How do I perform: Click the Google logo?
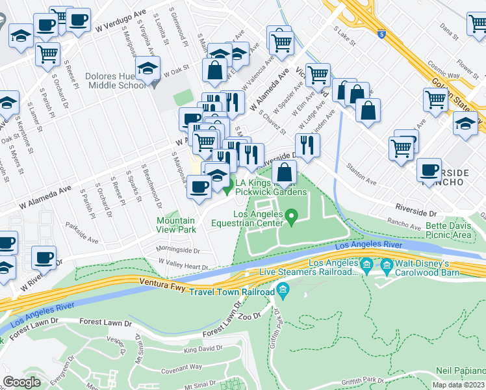click(22, 382)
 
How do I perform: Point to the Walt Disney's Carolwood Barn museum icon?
click(387, 264)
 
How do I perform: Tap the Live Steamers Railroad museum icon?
click(365, 264)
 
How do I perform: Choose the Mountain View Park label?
click(176, 225)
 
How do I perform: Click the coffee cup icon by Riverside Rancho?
click(429, 170)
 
